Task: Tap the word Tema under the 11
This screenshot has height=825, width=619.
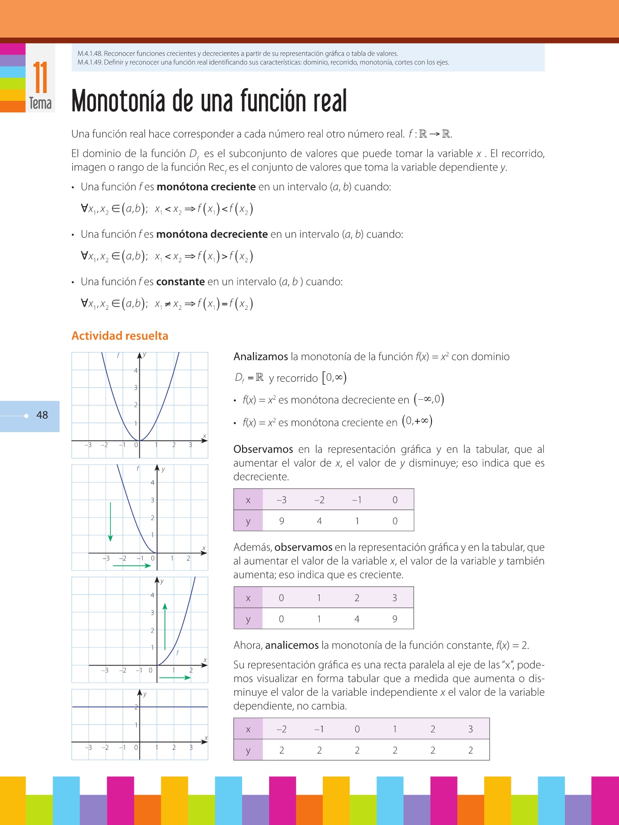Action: tap(40, 103)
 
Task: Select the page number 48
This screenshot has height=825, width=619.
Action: tap(42, 415)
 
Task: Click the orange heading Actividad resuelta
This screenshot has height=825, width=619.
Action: tap(120, 336)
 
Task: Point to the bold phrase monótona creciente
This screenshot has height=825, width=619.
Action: tap(206, 187)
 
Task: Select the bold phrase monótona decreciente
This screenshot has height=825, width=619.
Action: tap(212, 234)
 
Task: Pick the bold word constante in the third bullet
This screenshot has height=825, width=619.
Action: tap(180, 281)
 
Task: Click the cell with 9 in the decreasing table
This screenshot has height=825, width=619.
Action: tap(282, 521)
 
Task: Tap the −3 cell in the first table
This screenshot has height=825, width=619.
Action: tap(282, 500)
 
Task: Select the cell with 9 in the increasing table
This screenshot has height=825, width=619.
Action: tap(395, 619)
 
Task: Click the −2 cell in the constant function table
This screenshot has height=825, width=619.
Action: tap(282, 729)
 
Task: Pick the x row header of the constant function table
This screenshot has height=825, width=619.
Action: tap(248, 729)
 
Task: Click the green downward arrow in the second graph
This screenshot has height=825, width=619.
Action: tap(111, 522)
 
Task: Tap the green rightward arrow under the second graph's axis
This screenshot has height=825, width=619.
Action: tap(132, 566)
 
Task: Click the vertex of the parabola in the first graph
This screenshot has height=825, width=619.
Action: tap(140, 440)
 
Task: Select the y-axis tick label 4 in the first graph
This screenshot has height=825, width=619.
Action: tap(136, 371)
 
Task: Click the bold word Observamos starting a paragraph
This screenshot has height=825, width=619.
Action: tap(263, 449)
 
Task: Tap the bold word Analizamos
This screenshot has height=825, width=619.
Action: tap(260, 357)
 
